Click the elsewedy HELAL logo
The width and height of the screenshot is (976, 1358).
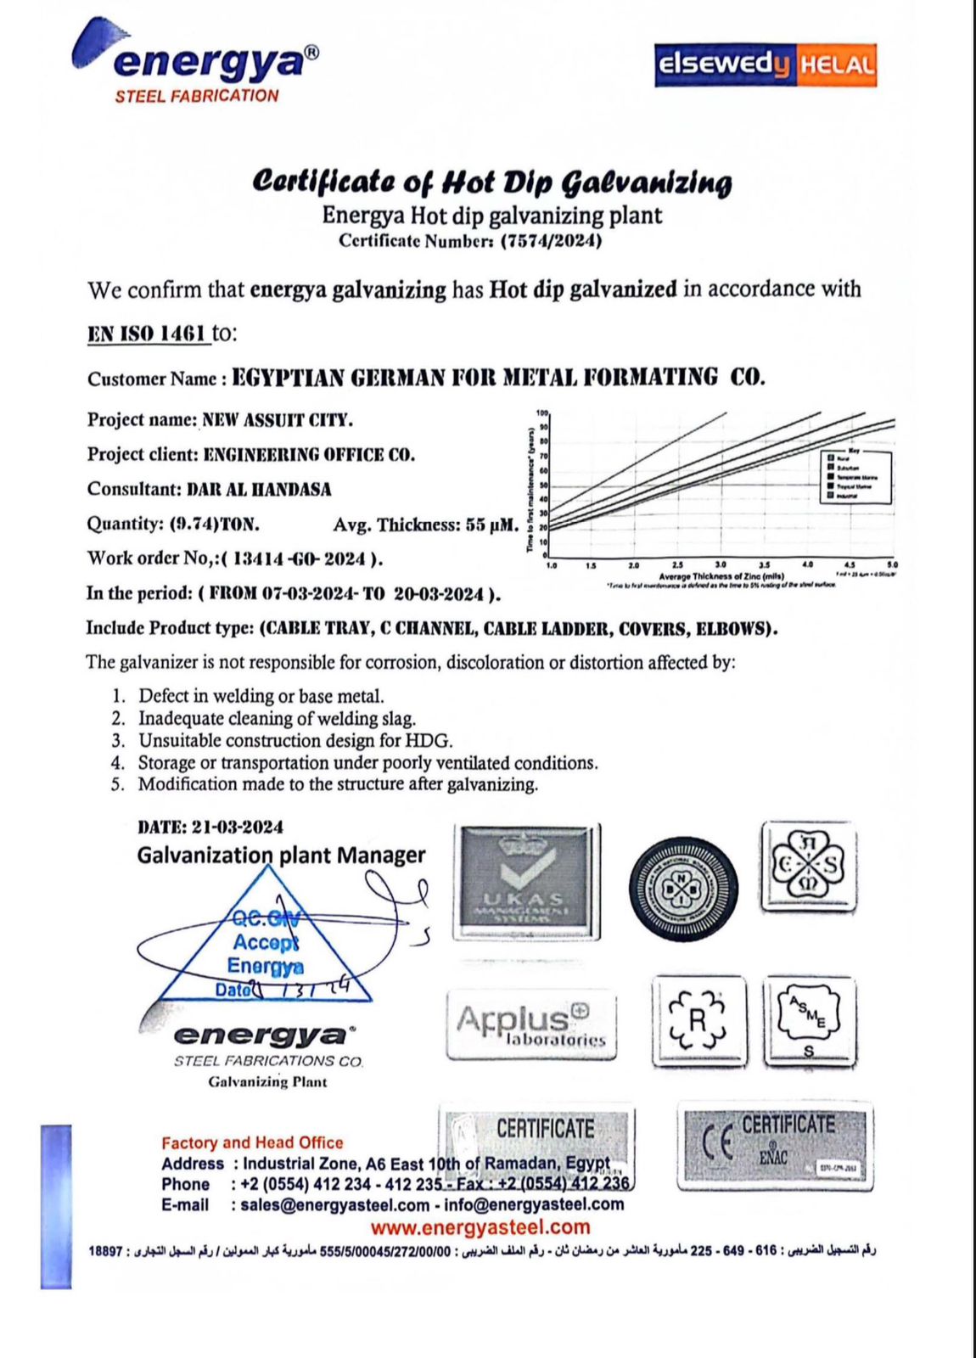[x=765, y=65]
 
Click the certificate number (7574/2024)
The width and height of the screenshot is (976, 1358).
[x=551, y=241]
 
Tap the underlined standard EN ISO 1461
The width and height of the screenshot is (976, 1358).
[x=147, y=334]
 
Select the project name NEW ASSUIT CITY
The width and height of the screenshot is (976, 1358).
[x=277, y=420]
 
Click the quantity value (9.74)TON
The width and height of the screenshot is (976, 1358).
[x=215, y=524]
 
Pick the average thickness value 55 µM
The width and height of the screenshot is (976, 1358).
[x=491, y=525]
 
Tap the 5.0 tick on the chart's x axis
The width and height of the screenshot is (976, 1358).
[x=892, y=564]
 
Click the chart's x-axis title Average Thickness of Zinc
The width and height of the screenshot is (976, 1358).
[x=715, y=576]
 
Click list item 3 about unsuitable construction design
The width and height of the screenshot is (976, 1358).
[x=295, y=741]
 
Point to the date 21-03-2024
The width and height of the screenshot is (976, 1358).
[x=238, y=827]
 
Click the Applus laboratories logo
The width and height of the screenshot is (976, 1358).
[x=531, y=1024]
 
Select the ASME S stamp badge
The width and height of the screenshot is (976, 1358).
[x=808, y=1020]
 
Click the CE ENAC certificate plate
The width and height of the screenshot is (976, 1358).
[x=775, y=1146]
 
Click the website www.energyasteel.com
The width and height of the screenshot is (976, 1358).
[x=480, y=1227]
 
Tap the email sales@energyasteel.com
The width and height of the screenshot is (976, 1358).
[x=334, y=1205]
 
